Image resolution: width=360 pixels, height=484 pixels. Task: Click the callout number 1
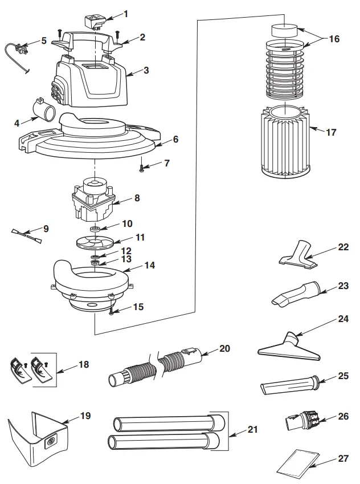pyautogui.click(x=126, y=13)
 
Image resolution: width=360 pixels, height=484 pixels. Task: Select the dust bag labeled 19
pyautogui.click(x=37, y=436)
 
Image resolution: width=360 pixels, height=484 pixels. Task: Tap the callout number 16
pyautogui.click(x=334, y=39)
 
